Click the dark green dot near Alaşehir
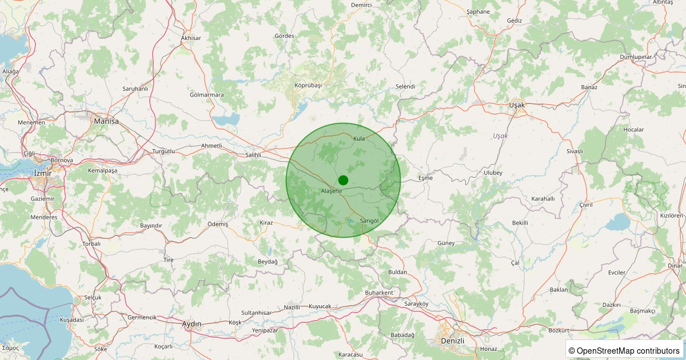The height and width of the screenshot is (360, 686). [343, 180]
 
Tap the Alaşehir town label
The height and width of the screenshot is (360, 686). [331, 191]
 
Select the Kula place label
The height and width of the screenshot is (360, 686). [359, 139]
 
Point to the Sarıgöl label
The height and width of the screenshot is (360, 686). [369, 221]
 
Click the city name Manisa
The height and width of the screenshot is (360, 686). [106, 121]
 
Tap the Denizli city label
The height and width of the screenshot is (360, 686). [453, 341]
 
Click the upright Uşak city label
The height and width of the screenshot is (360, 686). [517, 105]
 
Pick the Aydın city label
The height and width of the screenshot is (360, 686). [192, 324]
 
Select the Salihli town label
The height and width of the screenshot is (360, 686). [253, 155]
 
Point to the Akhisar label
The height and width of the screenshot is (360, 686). [191, 38]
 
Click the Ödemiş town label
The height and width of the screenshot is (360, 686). [217, 224]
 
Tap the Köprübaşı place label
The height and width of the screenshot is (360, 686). [308, 85]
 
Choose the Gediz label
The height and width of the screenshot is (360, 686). [514, 21]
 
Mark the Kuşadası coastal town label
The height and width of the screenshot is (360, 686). [71, 320]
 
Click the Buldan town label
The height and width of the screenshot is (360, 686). [397, 272]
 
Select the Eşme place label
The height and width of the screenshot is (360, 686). [426, 178]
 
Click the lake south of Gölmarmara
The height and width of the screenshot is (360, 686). [226, 119]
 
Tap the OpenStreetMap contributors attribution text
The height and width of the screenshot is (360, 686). [624, 350]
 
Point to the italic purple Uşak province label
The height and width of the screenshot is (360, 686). [500, 136]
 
